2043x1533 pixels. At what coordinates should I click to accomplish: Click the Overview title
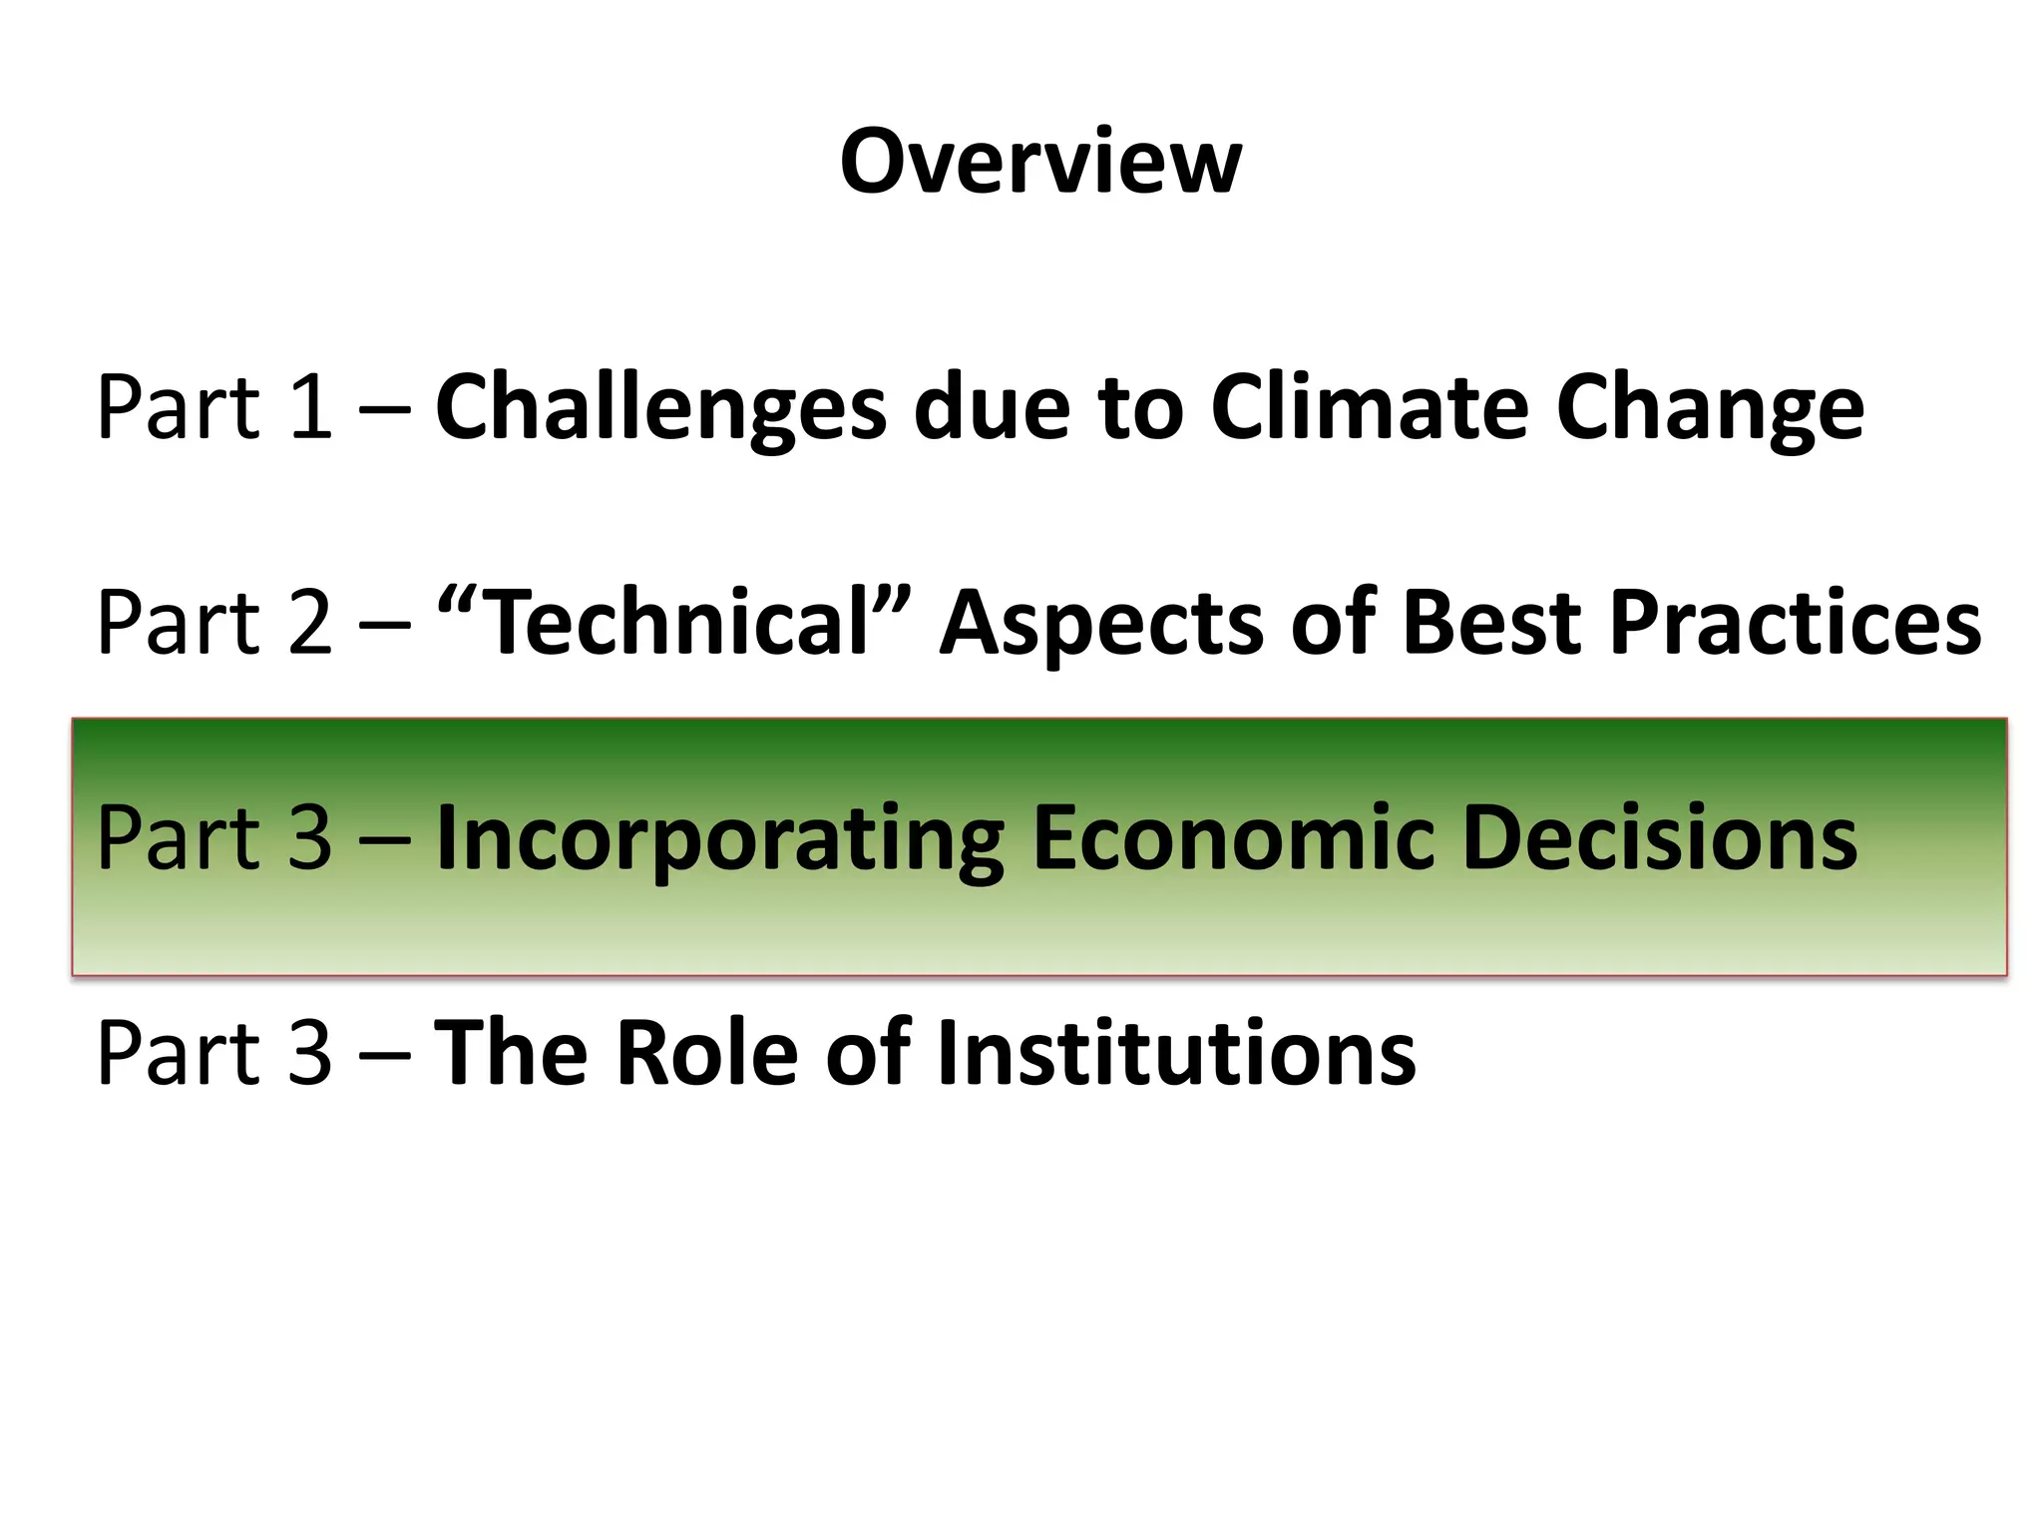point(1040,162)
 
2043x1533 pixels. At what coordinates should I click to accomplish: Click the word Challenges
point(660,407)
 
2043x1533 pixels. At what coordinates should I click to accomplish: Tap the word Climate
point(1370,407)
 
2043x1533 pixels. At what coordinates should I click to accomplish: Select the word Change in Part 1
point(1710,407)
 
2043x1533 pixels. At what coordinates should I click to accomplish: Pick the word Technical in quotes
point(677,623)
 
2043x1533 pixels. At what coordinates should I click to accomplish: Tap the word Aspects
point(1101,623)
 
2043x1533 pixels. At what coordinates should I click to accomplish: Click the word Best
point(1490,623)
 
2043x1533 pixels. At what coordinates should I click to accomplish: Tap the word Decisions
point(1659,838)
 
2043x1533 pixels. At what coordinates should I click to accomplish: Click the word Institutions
point(1177,1053)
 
